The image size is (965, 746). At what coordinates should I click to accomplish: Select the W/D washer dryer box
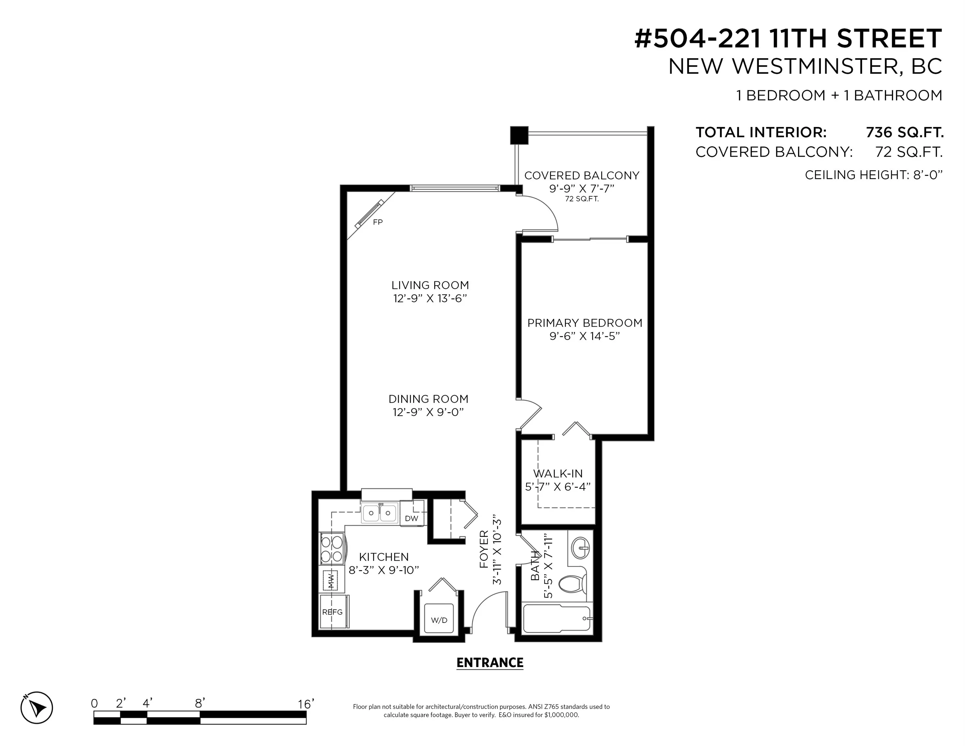[439, 620]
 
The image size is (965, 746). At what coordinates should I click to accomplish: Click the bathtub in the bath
[556, 619]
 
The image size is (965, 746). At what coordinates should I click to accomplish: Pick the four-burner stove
[332, 548]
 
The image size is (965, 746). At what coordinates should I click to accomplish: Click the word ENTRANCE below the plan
[489, 662]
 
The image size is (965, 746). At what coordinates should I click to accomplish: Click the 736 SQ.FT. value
[904, 132]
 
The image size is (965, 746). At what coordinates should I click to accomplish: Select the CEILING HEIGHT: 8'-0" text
[873, 175]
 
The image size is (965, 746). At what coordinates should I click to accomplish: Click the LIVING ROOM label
[430, 285]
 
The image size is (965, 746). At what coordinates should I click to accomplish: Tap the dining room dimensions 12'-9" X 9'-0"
[428, 412]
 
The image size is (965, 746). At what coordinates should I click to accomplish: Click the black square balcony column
[519, 135]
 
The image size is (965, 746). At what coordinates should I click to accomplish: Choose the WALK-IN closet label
[558, 474]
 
